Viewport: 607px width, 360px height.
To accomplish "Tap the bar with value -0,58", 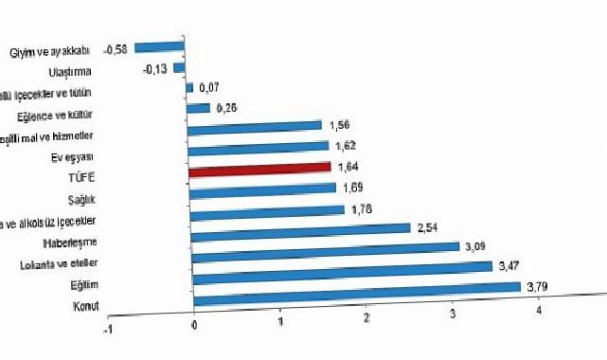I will coord(159,45).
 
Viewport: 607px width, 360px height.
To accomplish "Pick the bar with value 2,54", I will coord(300,228).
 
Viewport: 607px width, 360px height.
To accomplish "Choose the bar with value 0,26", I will coord(199,107).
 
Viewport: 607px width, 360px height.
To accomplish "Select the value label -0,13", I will coord(157,67).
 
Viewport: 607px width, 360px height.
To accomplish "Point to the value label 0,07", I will coord(210,87).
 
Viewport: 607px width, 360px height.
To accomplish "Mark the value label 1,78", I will coord(361,208).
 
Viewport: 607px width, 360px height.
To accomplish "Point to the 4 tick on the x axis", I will coord(540,312).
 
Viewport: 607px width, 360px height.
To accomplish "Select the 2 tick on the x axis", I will coord(366,317).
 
